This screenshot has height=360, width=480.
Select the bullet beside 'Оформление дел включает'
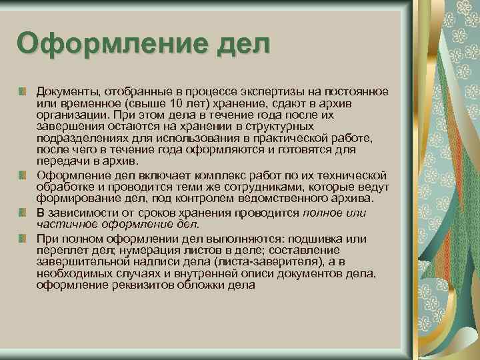pos(23,175)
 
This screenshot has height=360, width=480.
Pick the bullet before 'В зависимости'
pos(23,212)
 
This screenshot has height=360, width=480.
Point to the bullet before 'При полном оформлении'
pos(23,237)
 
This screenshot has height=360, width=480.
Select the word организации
pos(69,114)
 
